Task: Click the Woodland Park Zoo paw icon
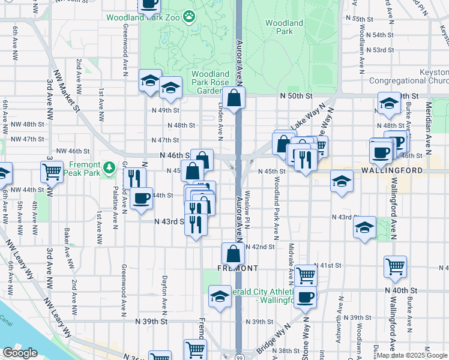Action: click(x=190, y=17)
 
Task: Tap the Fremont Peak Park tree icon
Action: click(x=109, y=166)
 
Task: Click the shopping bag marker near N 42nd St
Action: click(x=232, y=253)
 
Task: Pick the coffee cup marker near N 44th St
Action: click(x=141, y=197)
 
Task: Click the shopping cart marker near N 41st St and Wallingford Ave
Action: click(x=395, y=266)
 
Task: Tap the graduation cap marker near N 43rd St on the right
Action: click(x=364, y=227)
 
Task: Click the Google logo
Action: click(x=20, y=353)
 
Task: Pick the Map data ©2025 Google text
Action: click(x=412, y=355)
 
